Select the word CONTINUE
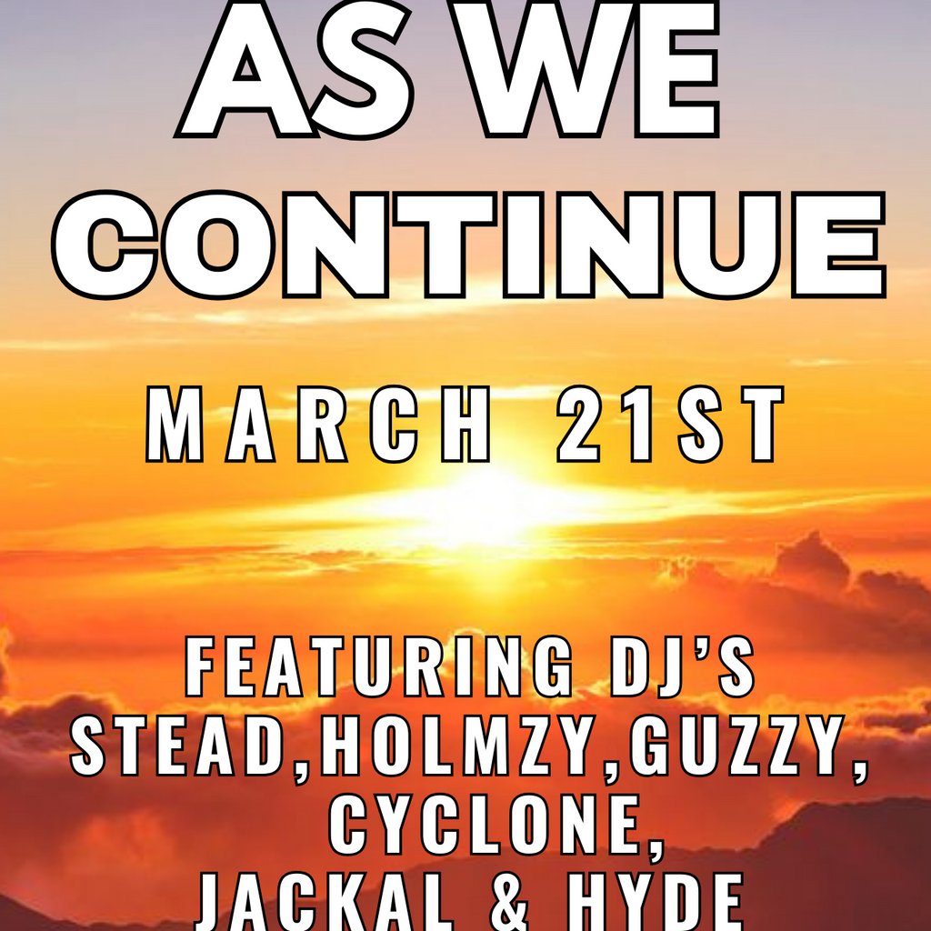469,245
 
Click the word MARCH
318,424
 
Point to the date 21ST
670,424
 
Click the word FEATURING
379,666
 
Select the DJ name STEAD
175,746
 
